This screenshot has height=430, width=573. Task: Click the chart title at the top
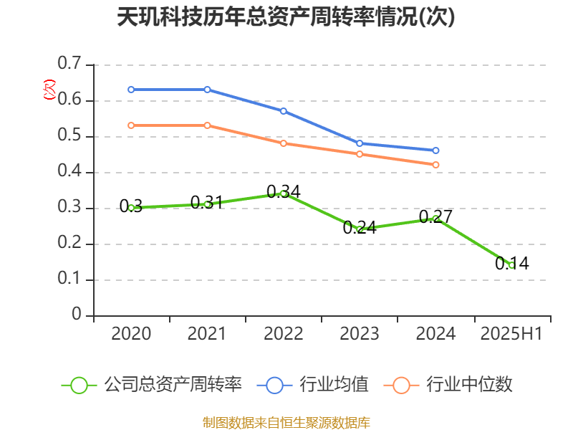(x=286, y=16)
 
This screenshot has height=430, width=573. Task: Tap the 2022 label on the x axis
(x=283, y=333)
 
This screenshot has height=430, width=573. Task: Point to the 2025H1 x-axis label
(x=511, y=333)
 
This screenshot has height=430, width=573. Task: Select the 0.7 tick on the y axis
(x=69, y=64)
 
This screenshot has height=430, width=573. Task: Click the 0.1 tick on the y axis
(x=69, y=279)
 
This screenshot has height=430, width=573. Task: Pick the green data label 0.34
(x=283, y=191)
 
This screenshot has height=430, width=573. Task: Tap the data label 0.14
(x=511, y=264)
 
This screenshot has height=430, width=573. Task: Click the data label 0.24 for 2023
(x=360, y=229)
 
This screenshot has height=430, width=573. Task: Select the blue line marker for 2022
(x=284, y=111)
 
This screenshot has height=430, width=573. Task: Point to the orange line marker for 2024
(x=435, y=165)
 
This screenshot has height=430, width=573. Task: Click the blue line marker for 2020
(x=131, y=90)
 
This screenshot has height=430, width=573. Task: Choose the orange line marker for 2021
(x=207, y=125)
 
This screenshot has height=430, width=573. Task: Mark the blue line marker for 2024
(x=435, y=150)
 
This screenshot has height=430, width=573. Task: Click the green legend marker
(x=79, y=385)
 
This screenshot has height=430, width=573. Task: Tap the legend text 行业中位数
(x=469, y=385)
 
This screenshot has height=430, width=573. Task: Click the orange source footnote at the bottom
(x=286, y=422)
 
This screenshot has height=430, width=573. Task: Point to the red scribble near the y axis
(x=49, y=90)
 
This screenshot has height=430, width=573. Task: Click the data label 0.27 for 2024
(x=435, y=216)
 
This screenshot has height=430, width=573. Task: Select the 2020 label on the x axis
(x=131, y=333)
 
